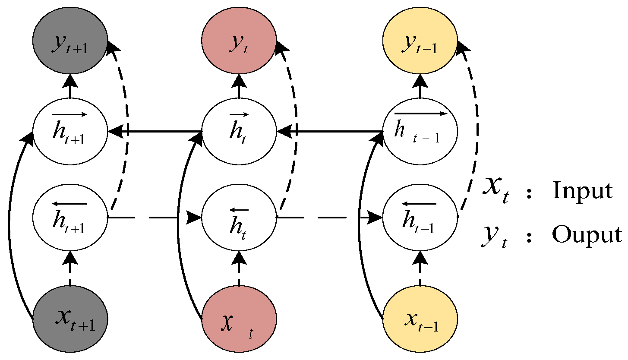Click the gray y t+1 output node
click(70, 44)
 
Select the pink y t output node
click(239, 44)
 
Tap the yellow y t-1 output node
click(420, 44)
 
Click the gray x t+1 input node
click(70, 319)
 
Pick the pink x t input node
click(239, 319)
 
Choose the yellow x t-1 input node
click(420, 319)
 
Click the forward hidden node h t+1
click(70, 131)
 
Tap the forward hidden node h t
click(239, 131)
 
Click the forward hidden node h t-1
click(420, 131)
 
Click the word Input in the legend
click(582, 191)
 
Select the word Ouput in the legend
click(587, 235)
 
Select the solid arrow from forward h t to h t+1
click(155, 130)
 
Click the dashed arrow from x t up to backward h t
click(239, 268)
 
